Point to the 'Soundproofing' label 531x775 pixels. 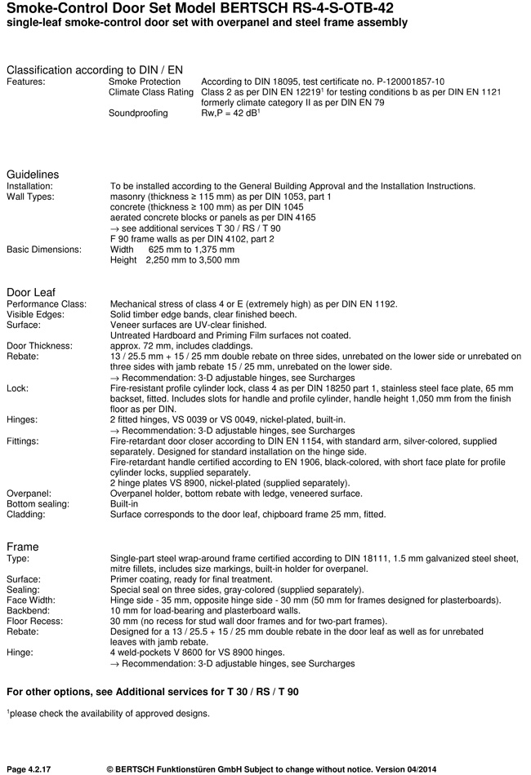pyautogui.click(x=138, y=113)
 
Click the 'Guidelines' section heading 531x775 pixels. pyautogui.click(x=33, y=175)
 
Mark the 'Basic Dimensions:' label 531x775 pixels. pyautogui.click(x=44, y=250)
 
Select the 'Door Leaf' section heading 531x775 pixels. pyautogui.click(x=32, y=292)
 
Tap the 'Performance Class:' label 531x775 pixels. pyautogui.click(x=47, y=303)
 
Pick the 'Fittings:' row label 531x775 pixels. pyautogui.click(x=24, y=441)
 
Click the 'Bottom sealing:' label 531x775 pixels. pyautogui.click(x=38, y=504)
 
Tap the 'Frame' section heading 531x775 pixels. pyautogui.click(x=23, y=547)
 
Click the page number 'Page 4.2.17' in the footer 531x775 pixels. pyautogui.click(x=33, y=768)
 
